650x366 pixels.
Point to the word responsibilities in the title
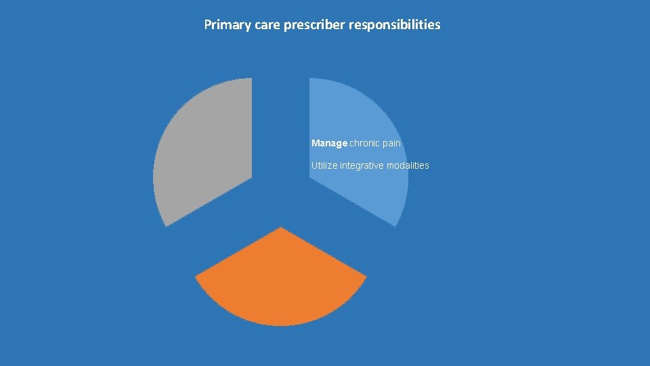tap(395, 25)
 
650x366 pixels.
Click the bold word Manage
tap(329, 143)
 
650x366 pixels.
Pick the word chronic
tap(366, 143)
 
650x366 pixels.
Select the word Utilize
tap(324, 165)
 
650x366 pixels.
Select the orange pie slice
tap(280, 285)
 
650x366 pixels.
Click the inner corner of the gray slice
tap(251, 177)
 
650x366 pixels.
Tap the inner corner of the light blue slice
tap(310, 177)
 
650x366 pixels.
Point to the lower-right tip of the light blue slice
tap(395, 225)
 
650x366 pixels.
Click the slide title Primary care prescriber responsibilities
tap(322, 25)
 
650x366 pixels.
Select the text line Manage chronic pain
tap(356, 143)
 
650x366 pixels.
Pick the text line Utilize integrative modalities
tap(370, 165)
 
